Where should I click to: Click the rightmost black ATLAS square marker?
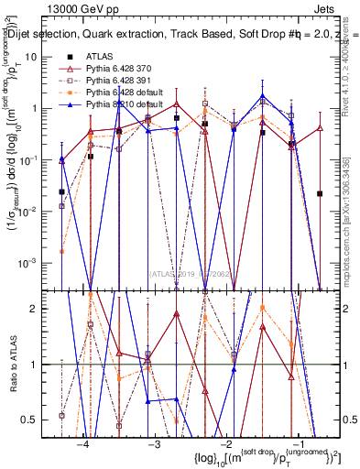(320, 193)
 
